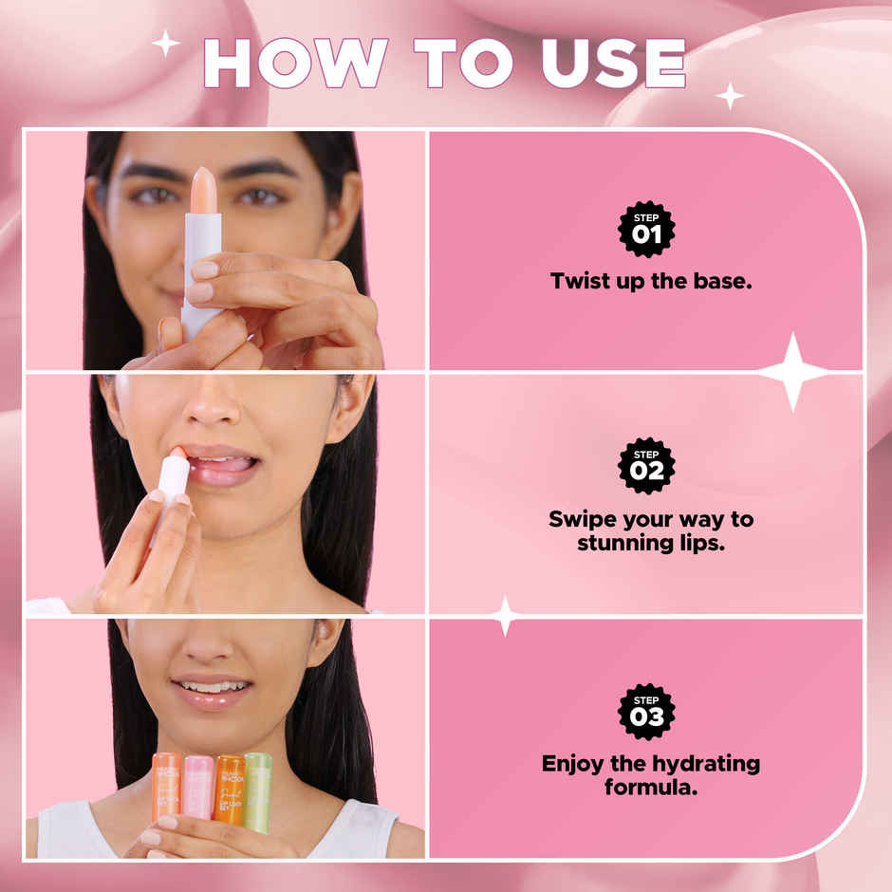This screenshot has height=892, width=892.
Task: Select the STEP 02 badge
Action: [x=646, y=466]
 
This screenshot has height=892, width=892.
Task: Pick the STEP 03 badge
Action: [x=646, y=711]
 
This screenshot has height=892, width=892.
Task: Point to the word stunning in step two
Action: [x=605, y=545]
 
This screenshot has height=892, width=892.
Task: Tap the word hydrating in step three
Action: [x=702, y=763]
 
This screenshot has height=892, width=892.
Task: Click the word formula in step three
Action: [x=650, y=787]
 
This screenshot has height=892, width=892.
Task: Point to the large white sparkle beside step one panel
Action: [x=793, y=371]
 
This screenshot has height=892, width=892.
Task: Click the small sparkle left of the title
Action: [x=166, y=43]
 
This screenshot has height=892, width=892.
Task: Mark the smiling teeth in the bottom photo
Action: [x=214, y=686]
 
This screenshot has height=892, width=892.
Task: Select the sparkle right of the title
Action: [x=730, y=95]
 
